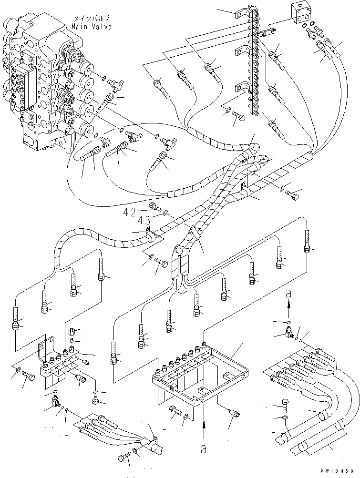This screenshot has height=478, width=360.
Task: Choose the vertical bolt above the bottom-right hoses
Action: [x=285, y=404]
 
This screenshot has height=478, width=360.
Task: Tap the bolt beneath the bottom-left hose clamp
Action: [x=123, y=458]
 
